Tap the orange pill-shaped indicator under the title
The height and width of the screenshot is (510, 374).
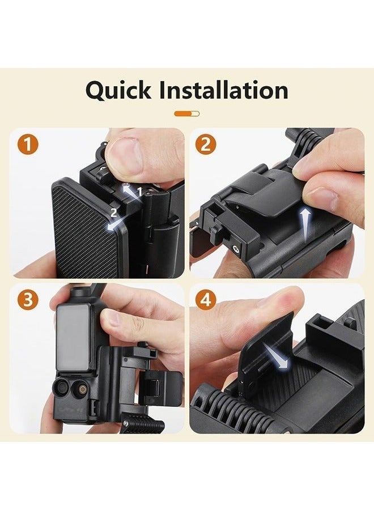point(187,113)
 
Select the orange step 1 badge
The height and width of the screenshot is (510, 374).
point(28,144)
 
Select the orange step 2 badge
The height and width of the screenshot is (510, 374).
point(206,144)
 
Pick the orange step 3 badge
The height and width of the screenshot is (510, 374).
point(28,299)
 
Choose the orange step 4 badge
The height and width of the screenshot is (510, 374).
point(206,299)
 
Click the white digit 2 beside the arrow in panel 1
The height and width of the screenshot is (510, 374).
point(114,213)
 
